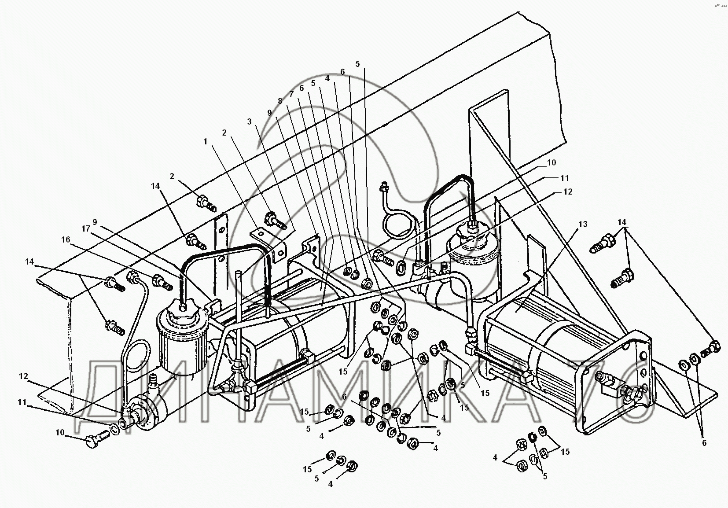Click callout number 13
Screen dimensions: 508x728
pyautogui.click(x=583, y=225)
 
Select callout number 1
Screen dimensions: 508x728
pyautogui.click(x=205, y=141)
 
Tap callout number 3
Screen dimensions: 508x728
pyautogui.click(x=250, y=121)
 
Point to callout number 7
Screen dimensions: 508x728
pyautogui.click(x=290, y=94)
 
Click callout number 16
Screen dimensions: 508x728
pyautogui.click(x=66, y=239)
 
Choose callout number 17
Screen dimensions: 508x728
pyautogui.click(x=86, y=229)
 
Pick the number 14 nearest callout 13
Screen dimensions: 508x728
pyautogui.click(x=622, y=222)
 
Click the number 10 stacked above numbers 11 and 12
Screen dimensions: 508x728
pyautogui.click(x=551, y=162)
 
